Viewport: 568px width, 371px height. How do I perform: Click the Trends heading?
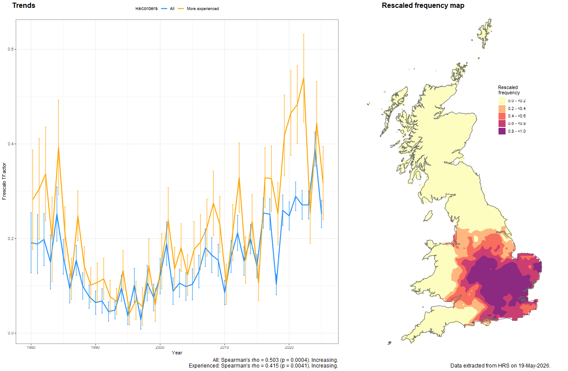[24, 5]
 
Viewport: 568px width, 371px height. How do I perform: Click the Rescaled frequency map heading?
[423, 6]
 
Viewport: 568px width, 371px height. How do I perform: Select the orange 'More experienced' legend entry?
[198, 9]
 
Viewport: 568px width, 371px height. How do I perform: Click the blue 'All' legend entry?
[168, 9]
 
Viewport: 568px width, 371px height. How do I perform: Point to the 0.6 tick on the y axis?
[10, 49]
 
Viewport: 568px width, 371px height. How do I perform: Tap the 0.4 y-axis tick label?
[10, 144]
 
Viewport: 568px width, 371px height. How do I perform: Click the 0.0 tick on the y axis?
[10, 333]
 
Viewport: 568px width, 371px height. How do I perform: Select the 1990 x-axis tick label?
[95, 347]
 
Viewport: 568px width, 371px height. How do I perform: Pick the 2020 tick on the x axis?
[289, 347]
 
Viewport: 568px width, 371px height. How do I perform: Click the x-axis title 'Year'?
[177, 353]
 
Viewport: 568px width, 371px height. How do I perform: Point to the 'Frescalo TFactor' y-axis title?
[4, 181]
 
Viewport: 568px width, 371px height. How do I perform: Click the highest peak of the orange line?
[304, 78]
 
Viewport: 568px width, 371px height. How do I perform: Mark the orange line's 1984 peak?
[59, 147]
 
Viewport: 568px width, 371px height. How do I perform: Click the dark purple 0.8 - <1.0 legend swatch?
[502, 131]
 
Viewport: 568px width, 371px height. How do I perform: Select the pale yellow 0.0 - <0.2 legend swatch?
[502, 101]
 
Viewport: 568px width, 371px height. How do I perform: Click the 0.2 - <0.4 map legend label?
[517, 108]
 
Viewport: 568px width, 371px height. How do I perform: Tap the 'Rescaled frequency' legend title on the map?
[509, 90]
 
